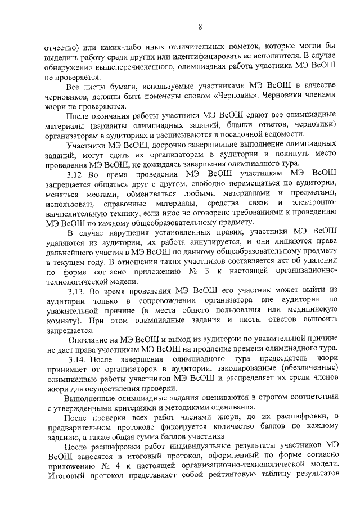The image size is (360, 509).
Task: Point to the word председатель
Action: tap(269, 359)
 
